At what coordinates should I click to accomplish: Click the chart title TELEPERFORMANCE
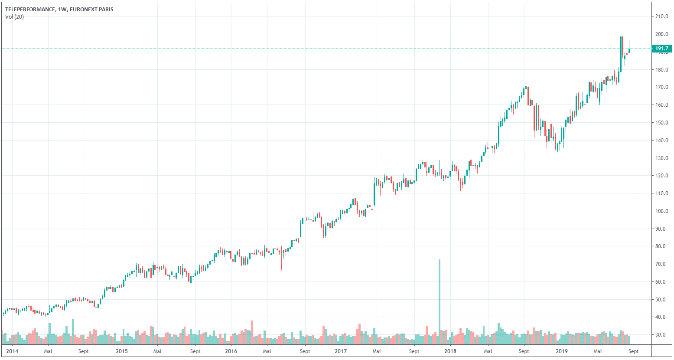[x=30, y=9]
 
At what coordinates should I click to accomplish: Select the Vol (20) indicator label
[x=15, y=17]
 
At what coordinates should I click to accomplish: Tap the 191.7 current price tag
[x=661, y=49]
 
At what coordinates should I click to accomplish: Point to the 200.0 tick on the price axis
[x=662, y=34]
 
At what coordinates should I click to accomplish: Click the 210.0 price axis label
[x=662, y=16]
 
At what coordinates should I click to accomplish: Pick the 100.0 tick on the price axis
[x=662, y=211]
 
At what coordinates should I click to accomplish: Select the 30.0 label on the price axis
[x=662, y=335]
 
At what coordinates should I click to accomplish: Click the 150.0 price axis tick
[x=662, y=123]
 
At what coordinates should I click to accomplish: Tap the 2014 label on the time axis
[x=13, y=351]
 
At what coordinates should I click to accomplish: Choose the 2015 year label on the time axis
[x=122, y=351]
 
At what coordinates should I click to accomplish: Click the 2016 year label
[x=231, y=351]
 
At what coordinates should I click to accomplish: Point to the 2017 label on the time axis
[x=341, y=351]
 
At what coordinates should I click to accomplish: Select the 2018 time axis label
[x=450, y=351]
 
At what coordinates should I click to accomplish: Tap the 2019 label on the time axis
[x=561, y=351]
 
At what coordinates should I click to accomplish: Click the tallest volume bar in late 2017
[x=440, y=299]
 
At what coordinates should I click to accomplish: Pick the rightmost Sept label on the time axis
[x=633, y=351]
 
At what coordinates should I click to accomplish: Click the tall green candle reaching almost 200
[x=621, y=54]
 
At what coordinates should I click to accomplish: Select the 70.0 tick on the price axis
[x=662, y=264]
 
